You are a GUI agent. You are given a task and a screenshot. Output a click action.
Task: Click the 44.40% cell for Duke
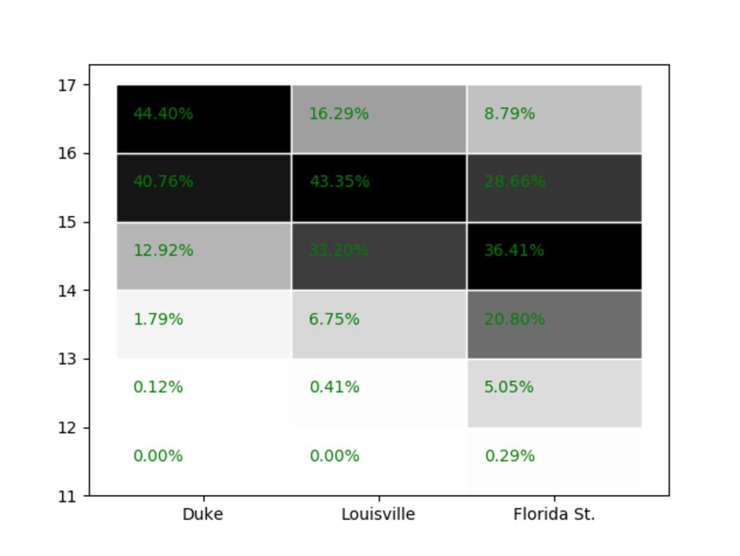tap(203, 119)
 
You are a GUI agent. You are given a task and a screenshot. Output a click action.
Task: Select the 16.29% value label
tap(339, 114)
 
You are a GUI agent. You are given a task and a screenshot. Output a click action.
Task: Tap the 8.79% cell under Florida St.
tap(554, 119)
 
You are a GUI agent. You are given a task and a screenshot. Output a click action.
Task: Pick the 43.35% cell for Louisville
tap(379, 187)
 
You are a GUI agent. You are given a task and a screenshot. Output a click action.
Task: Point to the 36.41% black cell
tap(554, 256)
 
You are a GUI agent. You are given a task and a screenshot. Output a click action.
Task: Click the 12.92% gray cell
tap(203, 256)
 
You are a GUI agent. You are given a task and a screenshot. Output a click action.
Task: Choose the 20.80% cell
tap(554, 324)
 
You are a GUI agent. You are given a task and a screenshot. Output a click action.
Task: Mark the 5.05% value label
tap(509, 387)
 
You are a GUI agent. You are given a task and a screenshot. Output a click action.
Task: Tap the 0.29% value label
tap(509, 456)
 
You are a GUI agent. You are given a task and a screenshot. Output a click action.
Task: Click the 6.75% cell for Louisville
tap(379, 324)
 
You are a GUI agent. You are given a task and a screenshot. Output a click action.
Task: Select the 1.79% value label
tap(158, 319)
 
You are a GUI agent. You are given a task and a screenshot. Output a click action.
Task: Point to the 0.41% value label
tap(334, 387)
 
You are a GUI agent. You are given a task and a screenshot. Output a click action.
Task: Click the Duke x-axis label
tap(203, 514)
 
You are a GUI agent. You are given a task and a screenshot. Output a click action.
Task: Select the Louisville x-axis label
tap(378, 514)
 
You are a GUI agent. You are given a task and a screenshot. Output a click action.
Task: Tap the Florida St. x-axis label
tap(554, 514)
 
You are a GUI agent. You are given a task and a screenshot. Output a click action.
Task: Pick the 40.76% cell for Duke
tap(203, 187)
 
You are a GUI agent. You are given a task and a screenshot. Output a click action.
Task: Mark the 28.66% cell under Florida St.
tap(554, 187)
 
